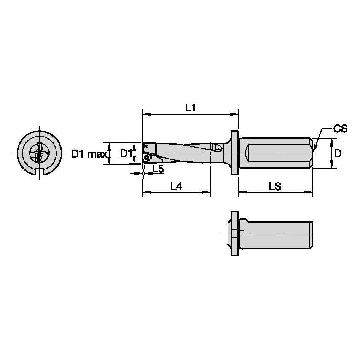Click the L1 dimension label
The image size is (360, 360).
click(191, 107)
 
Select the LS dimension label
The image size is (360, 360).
click(275, 186)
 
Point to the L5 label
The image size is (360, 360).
click(158, 169)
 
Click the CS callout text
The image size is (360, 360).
click(340, 129)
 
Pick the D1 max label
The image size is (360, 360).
click(89, 154)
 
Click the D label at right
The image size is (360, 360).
click(338, 153)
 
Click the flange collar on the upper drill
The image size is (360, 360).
click(234, 153)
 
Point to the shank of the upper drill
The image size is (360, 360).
click(276, 153)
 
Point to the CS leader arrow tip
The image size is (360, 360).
click(314, 150)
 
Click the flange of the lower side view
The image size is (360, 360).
click(234, 233)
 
